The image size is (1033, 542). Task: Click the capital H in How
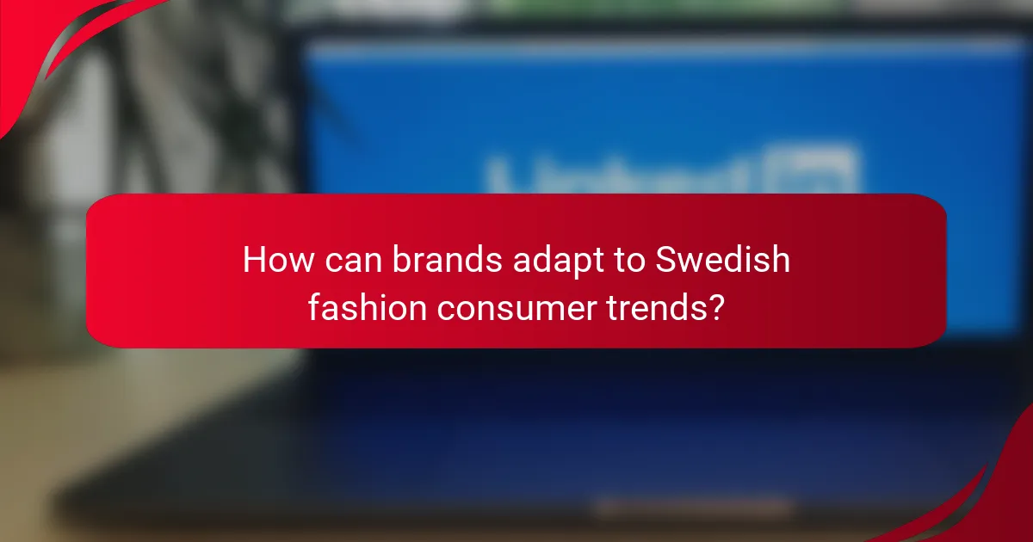[x=255, y=260]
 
